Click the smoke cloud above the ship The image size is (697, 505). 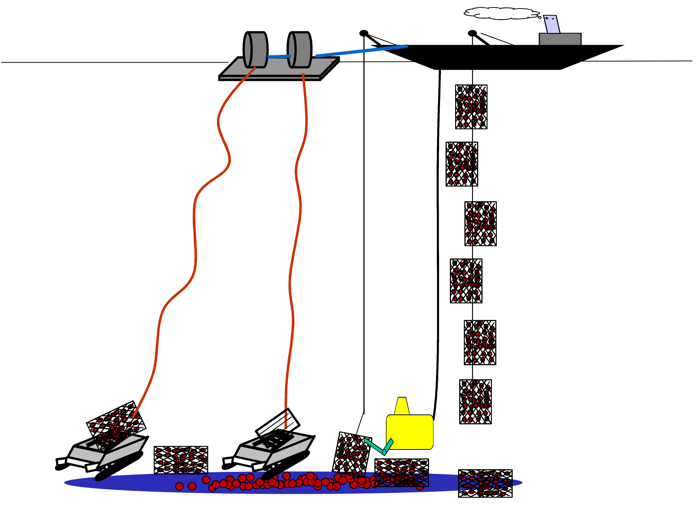tap(501, 13)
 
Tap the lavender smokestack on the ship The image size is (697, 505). tap(551, 24)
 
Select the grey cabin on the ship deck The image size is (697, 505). tap(560, 39)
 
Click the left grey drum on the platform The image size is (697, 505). tap(256, 50)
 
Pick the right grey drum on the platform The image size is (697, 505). tap(300, 50)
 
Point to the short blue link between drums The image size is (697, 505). tap(279, 57)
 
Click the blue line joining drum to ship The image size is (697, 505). tap(362, 51)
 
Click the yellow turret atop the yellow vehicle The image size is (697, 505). tap(402, 406)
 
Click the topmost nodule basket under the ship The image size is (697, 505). tap(471, 107)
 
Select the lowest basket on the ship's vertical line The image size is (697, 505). tap(475, 402)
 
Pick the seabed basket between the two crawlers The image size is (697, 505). tap(181, 460)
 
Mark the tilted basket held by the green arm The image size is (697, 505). tap(351, 454)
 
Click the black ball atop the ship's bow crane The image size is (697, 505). tap(364, 33)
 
